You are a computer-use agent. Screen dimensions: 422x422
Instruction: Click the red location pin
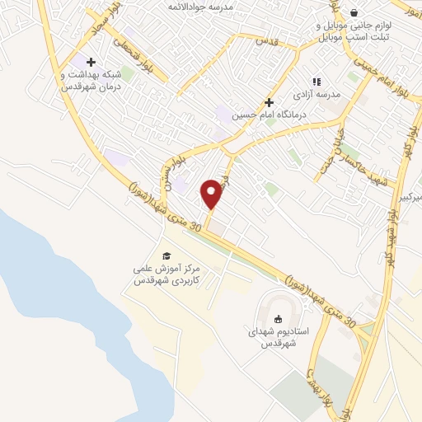tap(212, 194)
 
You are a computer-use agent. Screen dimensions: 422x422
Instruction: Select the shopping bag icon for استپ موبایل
tap(354, 12)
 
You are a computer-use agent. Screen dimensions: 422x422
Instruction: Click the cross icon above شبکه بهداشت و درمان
tap(91, 62)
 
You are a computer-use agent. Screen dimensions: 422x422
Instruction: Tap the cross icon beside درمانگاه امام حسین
tap(268, 103)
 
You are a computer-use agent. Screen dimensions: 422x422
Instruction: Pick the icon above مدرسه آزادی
tap(316, 82)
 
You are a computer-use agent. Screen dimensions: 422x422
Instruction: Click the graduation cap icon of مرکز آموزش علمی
tap(166, 256)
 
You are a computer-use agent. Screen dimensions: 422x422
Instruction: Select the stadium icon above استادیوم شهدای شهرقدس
tap(278, 318)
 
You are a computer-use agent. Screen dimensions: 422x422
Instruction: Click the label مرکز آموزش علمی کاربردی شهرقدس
tap(168, 274)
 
